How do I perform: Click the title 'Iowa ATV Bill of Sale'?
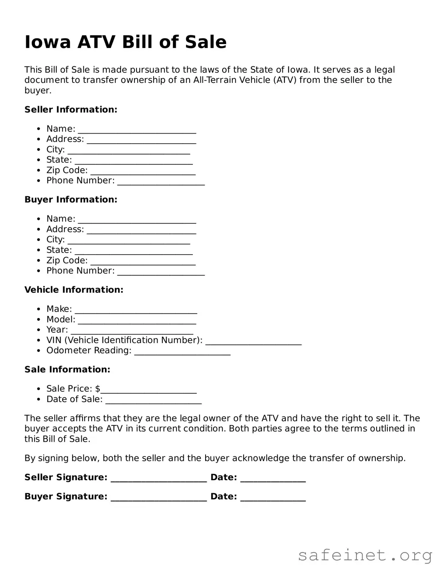coord(125,42)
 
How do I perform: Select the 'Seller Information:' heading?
coord(71,109)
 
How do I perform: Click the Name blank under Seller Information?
coord(137,130)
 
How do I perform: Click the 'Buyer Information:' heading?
coord(71,199)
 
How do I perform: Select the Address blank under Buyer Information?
coord(141,230)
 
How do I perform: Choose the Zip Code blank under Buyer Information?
coord(143,261)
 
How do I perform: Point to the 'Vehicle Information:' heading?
coord(74,290)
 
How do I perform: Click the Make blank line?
coord(136,310)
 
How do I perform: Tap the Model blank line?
coord(137,320)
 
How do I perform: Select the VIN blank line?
coord(253,341)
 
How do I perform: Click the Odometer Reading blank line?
coord(182,351)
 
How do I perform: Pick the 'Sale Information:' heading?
coord(67,370)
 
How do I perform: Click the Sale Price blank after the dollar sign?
coord(148,389)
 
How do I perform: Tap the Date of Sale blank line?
coord(153,400)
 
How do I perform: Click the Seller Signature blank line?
coord(159,478)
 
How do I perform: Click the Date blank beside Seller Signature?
coord(273,478)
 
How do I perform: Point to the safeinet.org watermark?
coord(365,555)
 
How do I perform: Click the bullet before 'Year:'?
coord(38,330)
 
